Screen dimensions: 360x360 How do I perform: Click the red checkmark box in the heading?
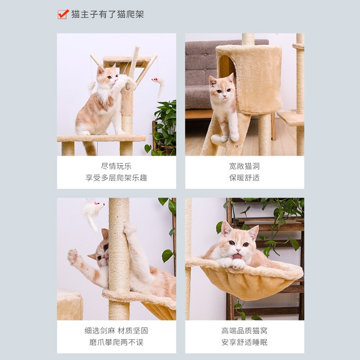click(63, 14)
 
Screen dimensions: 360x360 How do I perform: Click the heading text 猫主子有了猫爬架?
click(108, 14)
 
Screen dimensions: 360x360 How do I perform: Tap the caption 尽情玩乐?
click(116, 166)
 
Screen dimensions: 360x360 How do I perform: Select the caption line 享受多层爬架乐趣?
click(116, 178)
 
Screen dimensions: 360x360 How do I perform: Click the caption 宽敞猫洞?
click(244, 166)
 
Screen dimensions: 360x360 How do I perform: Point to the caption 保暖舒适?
click(244, 178)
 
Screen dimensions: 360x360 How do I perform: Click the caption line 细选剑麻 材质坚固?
click(116, 331)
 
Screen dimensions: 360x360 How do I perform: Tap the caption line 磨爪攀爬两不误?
click(116, 342)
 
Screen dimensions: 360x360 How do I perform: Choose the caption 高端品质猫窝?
click(244, 331)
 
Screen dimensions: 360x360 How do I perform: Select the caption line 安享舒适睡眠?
click(244, 342)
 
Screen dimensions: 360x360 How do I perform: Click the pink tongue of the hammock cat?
click(237, 256)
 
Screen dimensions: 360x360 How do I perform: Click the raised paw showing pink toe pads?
click(73, 257)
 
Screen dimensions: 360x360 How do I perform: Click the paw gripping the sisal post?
click(130, 229)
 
